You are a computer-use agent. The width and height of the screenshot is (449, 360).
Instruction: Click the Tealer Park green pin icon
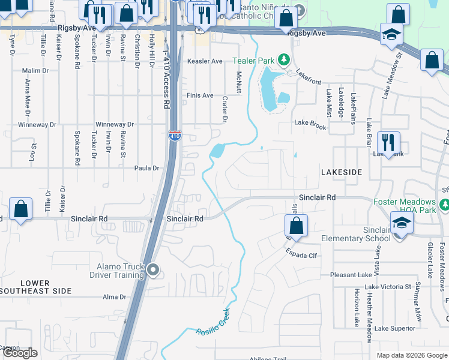(285, 61)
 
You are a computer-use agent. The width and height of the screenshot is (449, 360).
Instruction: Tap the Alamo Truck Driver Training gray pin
(152, 271)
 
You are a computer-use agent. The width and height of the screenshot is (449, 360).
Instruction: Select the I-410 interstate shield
(174, 136)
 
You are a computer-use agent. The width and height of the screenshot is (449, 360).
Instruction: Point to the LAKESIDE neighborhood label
(342, 172)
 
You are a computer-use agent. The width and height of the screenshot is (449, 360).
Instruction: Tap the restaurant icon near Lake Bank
(388, 143)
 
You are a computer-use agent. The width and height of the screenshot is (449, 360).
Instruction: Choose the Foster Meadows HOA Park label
(412, 206)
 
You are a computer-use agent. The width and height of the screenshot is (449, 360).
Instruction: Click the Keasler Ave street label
(205, 61)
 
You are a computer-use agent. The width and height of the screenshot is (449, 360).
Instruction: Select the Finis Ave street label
(200, 95)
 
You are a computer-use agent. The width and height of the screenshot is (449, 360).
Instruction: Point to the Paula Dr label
(146, 169)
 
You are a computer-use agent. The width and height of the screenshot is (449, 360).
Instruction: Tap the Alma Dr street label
(114, 297)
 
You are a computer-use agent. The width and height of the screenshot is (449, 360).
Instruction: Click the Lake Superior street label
(394, 328)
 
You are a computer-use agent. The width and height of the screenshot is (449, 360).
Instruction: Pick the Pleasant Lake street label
(354, 275)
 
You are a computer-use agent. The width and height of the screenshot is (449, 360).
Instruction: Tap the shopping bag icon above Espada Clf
(296, 226)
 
